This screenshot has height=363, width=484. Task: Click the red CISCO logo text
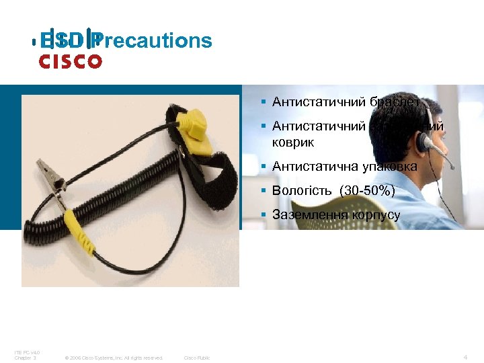[70, 63]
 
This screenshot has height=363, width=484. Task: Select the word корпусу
[376, 216]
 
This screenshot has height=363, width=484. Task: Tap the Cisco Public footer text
[196, 358]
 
